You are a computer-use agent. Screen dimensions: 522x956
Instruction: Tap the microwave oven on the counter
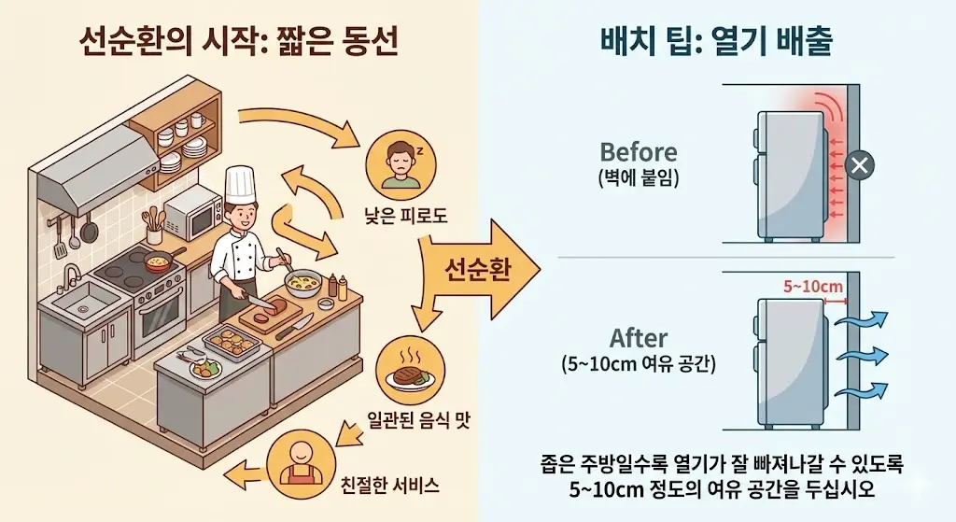pos(192,213)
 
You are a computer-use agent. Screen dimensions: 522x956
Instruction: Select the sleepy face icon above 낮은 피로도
pos(398,161)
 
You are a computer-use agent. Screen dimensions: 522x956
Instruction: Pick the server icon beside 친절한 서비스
pos(301,461)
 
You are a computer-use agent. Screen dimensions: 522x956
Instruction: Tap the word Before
pos(638,151)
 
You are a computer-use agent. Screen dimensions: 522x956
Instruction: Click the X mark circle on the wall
pos(859,167)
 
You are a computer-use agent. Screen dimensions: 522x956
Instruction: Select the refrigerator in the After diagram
pos(789,359)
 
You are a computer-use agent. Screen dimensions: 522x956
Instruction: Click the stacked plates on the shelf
pos(194,147)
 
